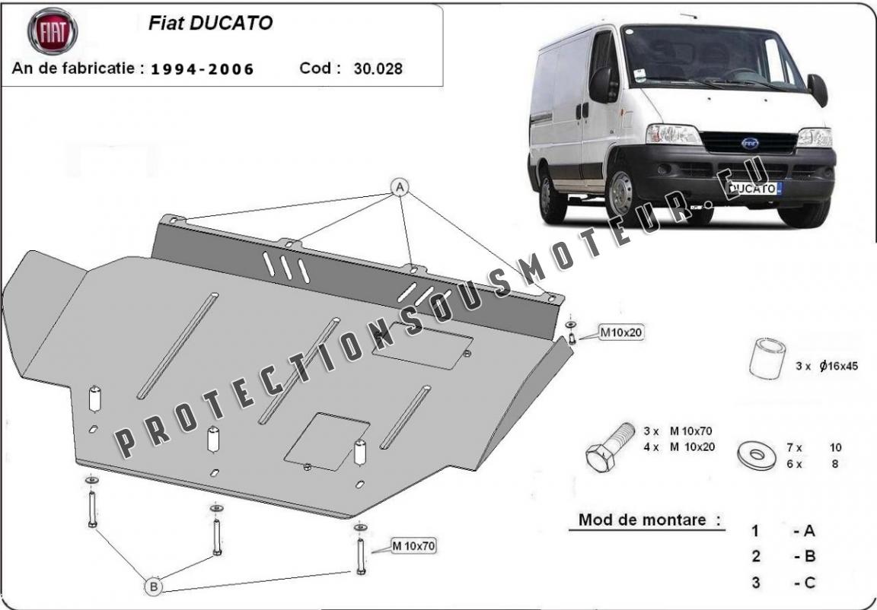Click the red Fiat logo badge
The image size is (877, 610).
53,31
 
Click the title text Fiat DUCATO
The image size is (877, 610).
210,23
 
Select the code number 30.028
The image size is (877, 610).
378,68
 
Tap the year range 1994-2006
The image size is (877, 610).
203,69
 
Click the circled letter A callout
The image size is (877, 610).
400,188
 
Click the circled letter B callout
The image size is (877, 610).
154,586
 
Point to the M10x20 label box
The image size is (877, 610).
621,332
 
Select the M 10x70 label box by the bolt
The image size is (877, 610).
413,546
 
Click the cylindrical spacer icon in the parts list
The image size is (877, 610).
767,358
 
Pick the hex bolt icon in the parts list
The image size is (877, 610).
610,447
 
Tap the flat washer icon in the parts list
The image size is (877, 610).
757,456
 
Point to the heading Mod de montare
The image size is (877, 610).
649,520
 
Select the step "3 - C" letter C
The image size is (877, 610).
808,583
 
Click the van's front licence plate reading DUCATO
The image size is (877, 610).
756,189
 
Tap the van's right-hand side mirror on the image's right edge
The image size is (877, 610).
818,90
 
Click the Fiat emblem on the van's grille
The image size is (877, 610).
750,144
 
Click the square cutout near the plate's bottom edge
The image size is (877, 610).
327,442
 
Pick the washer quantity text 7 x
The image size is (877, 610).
794,447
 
